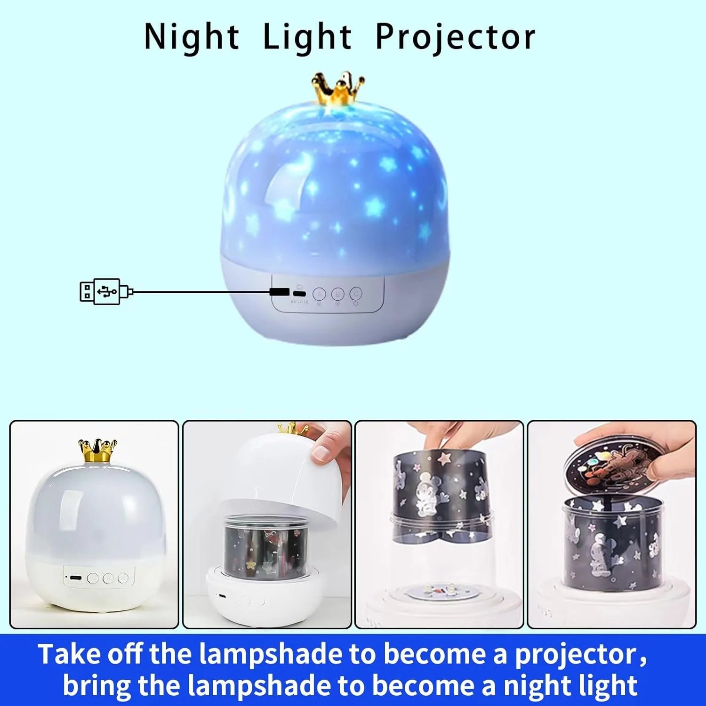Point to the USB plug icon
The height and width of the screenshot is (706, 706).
click(106, 292)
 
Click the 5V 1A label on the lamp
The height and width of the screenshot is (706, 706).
click(299, 301)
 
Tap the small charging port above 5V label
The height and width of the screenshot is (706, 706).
click(299, 294)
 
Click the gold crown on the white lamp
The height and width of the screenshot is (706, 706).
click(97, 450)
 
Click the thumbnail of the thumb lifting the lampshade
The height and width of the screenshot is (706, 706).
click(267, 524)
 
